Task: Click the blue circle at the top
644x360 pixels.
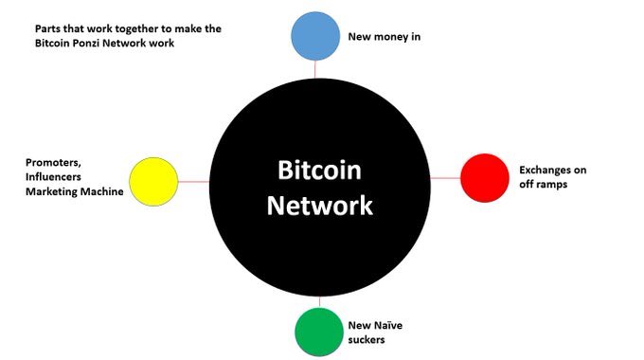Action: (313, 36)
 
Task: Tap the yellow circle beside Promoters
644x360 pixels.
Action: (153, 181)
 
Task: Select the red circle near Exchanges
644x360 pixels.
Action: (484, 177)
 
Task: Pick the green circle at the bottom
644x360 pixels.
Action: (320, 330)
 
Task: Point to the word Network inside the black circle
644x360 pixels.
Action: (319, 205)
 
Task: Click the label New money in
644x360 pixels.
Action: (385, 37)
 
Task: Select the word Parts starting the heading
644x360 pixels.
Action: (44, 28)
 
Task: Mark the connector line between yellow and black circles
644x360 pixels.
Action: (192, 181)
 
